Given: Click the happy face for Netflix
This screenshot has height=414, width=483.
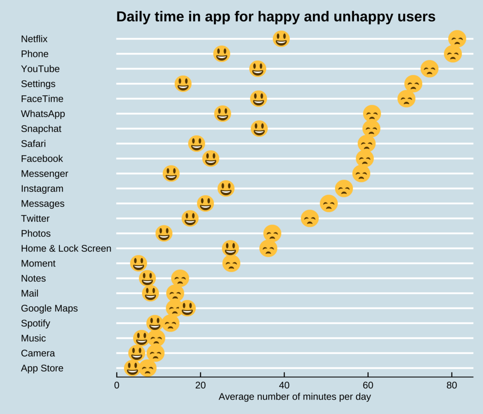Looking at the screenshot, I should pos(281,39).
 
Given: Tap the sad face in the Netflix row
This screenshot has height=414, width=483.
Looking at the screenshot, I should pos(457,39).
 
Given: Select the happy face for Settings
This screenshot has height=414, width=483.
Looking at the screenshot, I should pos(183,84).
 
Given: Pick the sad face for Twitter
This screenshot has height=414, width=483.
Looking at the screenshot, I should pos(310,218).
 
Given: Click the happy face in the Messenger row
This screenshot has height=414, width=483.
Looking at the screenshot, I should pos(171,173).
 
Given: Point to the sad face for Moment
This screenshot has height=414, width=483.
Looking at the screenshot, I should pos(231,263).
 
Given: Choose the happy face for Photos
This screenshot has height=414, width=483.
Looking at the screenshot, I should pos(164,233).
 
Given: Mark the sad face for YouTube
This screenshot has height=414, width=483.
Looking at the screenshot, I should pos(429,69).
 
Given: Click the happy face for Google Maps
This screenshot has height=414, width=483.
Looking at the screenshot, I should pos(187,308).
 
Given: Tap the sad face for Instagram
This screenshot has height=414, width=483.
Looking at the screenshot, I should pos(344,188).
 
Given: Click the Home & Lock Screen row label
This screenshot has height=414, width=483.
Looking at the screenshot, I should pos(66,248).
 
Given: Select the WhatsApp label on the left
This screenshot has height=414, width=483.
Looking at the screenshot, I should pos(43,114).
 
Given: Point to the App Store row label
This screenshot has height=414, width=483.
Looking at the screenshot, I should pos(42,368).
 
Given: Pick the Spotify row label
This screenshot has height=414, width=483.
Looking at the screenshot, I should pos(35,323).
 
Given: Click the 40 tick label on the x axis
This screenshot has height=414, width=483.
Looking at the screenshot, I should pos(284,385).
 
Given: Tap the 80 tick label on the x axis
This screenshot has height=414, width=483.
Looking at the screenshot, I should pos(452,385).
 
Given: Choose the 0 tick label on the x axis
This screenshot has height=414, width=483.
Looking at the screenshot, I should pos(116,385).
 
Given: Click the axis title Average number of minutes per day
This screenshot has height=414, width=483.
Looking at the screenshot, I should pos(295,397).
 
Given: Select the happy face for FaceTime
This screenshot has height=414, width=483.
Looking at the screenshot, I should pos(258,99).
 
